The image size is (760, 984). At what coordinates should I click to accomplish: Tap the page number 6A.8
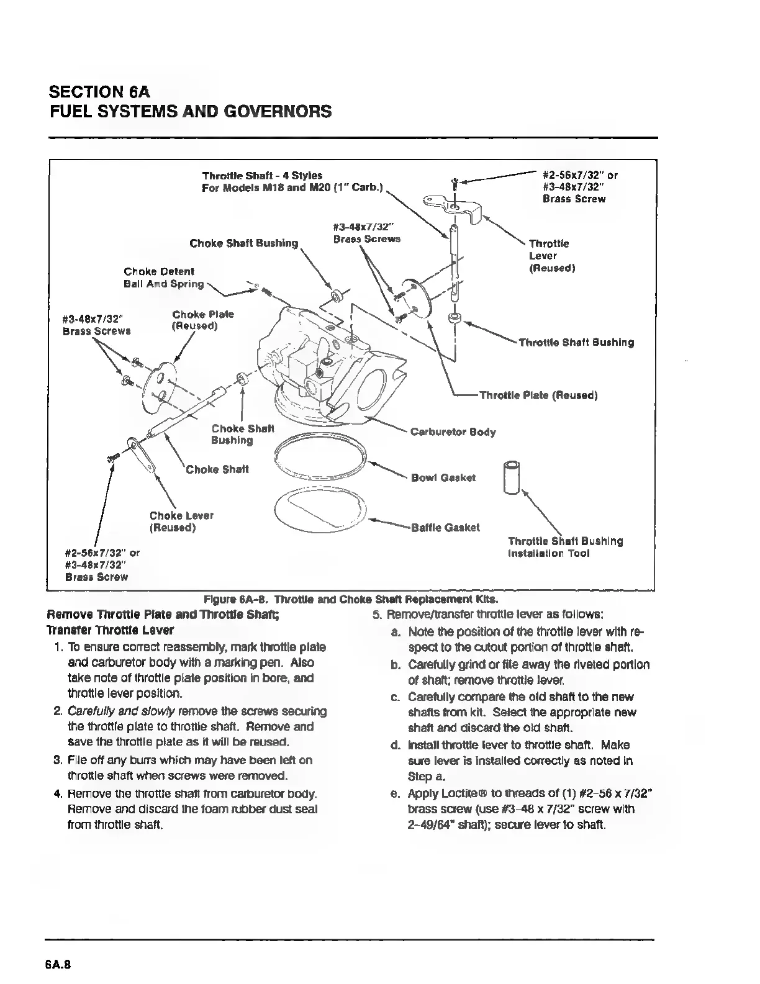pyautogui.click(x=59, y=965)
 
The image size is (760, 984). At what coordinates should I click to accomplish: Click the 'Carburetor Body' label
pyautogui.click(x=453, y=431)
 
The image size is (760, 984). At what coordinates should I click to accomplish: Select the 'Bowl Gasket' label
pyautogui.click(x=443, y=477)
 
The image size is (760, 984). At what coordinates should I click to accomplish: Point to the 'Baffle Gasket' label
pyautogui.click(x=445, y=527)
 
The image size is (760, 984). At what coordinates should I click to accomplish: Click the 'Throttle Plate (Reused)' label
pyautogui.click(x=538, y=395)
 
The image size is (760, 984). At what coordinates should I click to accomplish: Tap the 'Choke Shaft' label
pyautogui.click(x=217, y=469)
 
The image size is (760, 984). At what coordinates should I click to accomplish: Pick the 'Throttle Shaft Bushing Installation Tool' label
pyautogui.click(x=565, y=547)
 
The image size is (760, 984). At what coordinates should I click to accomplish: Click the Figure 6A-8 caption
pyautogui.click(x=351, y=600)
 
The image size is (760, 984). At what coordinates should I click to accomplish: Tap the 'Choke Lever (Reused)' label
pyautogui.click(x=181, y=521)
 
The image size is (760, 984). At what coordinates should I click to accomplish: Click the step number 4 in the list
pyautogui.click(x=58, y=794)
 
